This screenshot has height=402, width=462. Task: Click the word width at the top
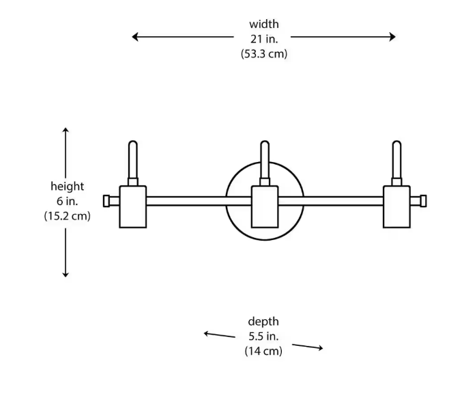point(263,25)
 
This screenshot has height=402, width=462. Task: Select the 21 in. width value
point(263,39)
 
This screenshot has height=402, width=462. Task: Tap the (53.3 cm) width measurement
point(263,54)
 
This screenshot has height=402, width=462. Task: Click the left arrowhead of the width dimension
point(136,37)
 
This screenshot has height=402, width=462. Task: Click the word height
point(67,186)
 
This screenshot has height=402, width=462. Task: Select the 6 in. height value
point(67,201)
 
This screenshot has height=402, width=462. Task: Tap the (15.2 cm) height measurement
point(67,215)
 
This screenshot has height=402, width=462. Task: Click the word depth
point(263,321)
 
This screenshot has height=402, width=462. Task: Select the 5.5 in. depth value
point(263,336)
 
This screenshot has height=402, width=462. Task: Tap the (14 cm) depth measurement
point(263,351)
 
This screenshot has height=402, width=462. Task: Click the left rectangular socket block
point(133,206)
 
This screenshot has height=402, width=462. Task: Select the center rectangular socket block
point(265,206)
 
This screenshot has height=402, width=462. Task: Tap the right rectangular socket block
point(396,206)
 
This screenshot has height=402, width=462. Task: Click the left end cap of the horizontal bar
point(107,201)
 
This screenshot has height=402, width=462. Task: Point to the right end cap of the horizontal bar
point(423,201)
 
